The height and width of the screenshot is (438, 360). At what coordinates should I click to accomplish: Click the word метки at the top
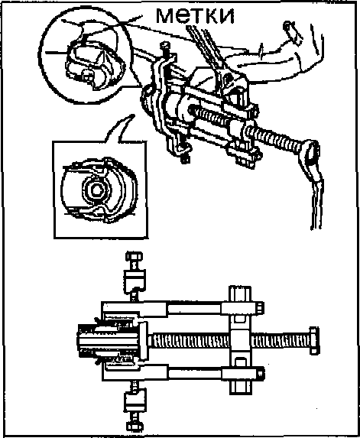pyautogui.click(x=195, y=15)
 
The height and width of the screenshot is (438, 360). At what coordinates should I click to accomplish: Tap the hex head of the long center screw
pyautogui.click(x=314, y=340)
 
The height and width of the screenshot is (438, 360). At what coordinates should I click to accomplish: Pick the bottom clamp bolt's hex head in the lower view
pyautogui.click(x=135, y=426)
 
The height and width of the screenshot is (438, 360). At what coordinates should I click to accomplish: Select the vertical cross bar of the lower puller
pyautogui.click(x=240, y=340)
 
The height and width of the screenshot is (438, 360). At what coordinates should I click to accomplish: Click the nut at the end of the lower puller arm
pyautogui.click(x=260, y=374)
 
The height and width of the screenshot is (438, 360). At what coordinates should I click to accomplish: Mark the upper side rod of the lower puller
pyautogui.click(x=195, y=308)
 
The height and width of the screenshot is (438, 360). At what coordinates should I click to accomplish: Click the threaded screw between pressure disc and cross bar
pyautogui.click(x=190, y=340)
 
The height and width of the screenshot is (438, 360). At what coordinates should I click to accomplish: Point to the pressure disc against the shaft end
pyautogui.click(x=143, y=340)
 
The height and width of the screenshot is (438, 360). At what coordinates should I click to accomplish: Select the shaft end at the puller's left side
pyautogui.click(x=108, y=340)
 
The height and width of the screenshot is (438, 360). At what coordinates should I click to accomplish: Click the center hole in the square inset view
pyautogui.click(x=96, y=190)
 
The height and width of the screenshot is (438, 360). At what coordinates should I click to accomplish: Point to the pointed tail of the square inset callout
pyautogui.click(x=133, y=115)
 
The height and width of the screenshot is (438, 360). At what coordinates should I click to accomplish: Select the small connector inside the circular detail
pyautogui.click(x=87, y=76)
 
